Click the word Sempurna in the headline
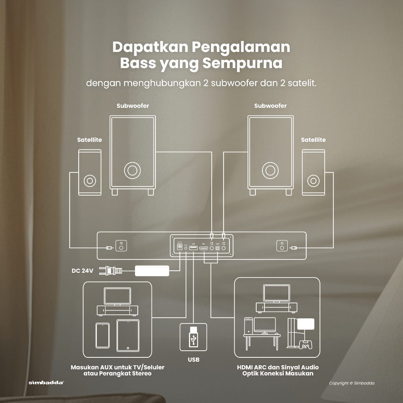[x=242, y=63]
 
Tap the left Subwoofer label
[x=133, y=106]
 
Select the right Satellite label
[x=313, y=140]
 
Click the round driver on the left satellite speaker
[x=89, y=181]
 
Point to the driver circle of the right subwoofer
[x=270, y=170]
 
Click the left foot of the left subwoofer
[x=114, y=192]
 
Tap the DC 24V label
[x=82, y=271]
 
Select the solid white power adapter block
[x=152, y=271]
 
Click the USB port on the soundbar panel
[x=193, y=248]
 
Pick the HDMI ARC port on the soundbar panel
[x=203, y=248]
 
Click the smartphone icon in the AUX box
[x=103, y=335]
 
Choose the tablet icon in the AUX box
[x=128, y=335]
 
